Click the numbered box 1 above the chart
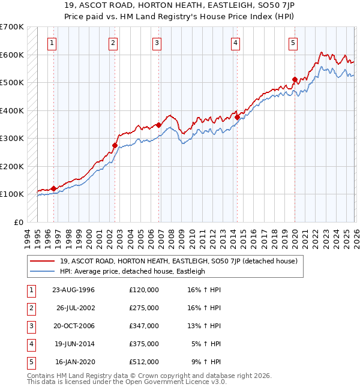tap(53, 43)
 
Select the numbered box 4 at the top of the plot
tap(236, 43)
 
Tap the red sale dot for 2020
tap(295, 79)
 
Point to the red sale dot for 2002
tap(115, 145)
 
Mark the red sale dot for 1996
tap(53, 188)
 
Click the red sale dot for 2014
tap(237, 118)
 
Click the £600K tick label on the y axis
tap(12, 55)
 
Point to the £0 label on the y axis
tap(19, 222)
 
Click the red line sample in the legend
tap(43, 260)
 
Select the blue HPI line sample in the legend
tap(43, 271)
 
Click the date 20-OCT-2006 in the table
tap(74, 326)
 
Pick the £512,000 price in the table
tap(143, 362)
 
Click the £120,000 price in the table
tap(143, 290)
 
